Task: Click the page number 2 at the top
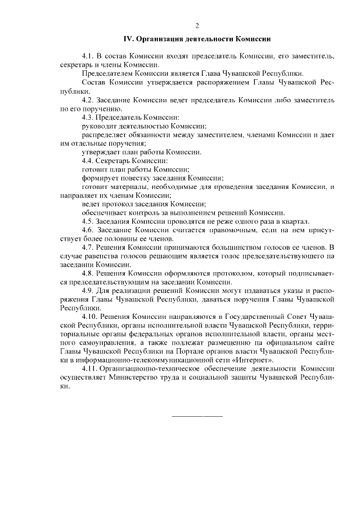pos(197,26)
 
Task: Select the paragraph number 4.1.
pos(88,57)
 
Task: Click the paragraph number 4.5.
pos(88,221)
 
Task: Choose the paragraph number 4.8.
pos(88,273)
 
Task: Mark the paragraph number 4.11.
pos(89,368)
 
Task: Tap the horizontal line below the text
pos(196,416)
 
